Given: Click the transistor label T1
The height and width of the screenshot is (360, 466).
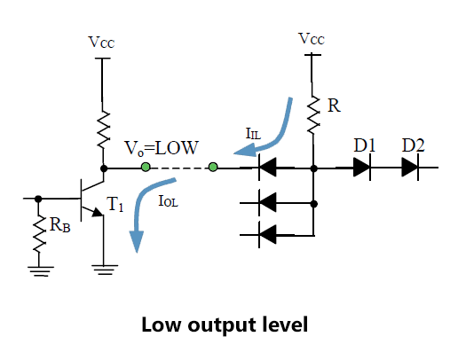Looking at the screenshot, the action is pyautogui.click(x=115, y=204).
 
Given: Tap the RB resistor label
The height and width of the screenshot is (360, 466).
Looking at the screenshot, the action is pyautogui.click(x=60, y=224).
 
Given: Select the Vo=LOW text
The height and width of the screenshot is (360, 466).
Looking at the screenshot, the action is pyautogui.click(x=162, y=148).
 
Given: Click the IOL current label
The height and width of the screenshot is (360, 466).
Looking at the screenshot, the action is pyautogui.click(x=169, y=201).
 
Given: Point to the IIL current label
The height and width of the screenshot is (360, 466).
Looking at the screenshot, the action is pyautogui.click(x=253, y=134).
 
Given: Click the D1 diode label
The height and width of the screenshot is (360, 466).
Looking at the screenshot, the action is pyautogui.click(x=365, y=145).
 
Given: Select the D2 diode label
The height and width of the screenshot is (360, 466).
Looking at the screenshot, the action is pyautogui.click(x=413, y=145).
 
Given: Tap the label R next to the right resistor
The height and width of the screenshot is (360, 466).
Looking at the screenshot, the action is pyautogui.click(x=334, y=106).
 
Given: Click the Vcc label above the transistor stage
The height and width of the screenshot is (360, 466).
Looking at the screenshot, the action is pyautogui.click(x=101, y=43).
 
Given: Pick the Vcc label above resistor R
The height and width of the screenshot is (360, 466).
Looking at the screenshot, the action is pyautogui.click(x=312, y=39).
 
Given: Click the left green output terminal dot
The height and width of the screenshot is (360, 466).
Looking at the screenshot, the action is pyautogui.click(x=146, y=167).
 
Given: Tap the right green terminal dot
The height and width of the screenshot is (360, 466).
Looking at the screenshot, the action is pyautogui.click(x=213, y=167).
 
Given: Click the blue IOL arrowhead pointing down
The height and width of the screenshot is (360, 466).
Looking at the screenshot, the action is pyautogui.click(x=137, y=241).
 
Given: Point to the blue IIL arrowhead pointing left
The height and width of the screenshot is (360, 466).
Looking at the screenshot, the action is pyautogui.click(x=245, y=150).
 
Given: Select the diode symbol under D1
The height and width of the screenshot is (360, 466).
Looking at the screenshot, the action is pyautogui.click(x=361, y=168).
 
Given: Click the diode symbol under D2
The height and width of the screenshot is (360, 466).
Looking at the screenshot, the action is pyautogui.click(x=410, y=168).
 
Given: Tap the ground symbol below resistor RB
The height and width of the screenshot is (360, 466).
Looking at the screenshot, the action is pyautogui.click(x=41, y=271).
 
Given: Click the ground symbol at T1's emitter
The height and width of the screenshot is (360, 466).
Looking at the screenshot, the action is pyautogui.click(x=104, y=270).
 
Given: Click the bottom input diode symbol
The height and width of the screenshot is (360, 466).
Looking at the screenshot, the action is pyautogui.click(x=267, y=235).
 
